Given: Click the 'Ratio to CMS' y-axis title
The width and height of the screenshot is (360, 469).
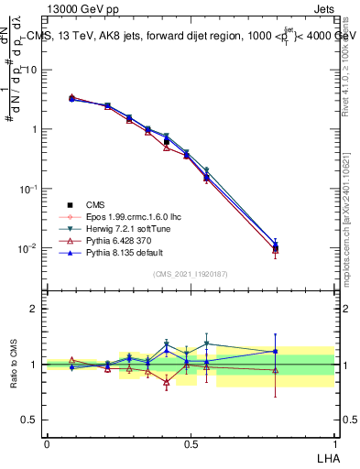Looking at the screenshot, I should (x=15, y=364).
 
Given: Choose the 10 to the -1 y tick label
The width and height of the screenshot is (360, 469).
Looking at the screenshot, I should (x=27, y=189).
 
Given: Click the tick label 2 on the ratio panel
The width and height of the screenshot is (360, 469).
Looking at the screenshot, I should (x=33, y=309).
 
